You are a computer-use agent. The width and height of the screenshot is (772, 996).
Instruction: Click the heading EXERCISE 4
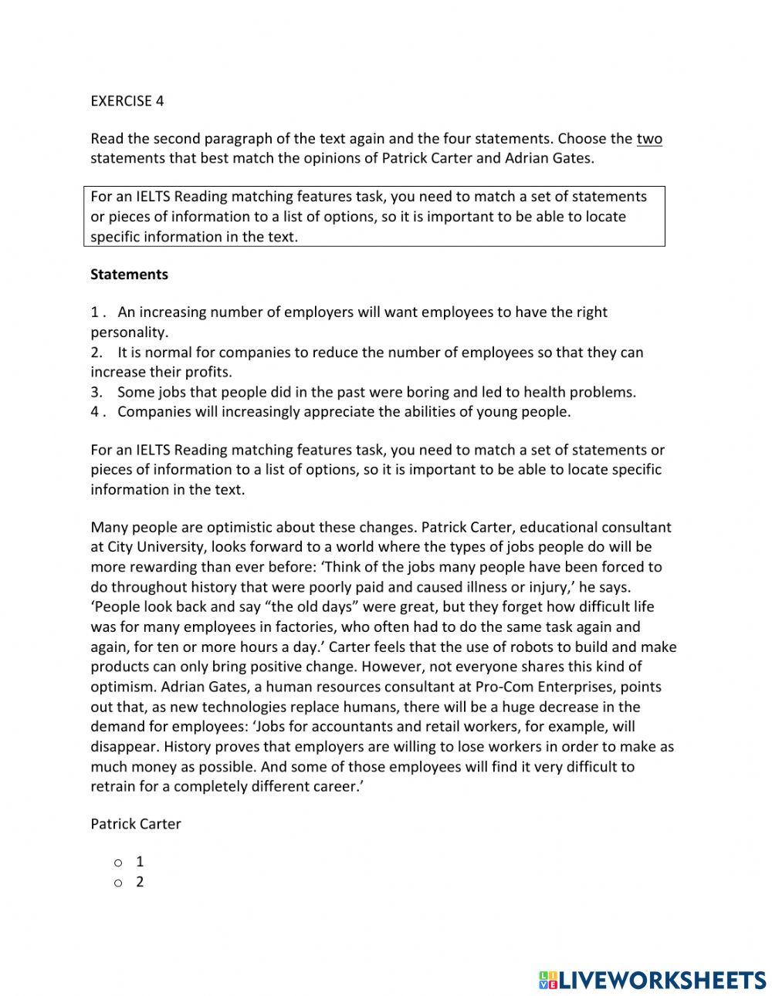(x=127, y=101)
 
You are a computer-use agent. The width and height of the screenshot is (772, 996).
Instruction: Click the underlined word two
(x=649, y=139)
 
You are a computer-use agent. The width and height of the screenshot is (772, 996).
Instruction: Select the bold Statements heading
(x=129, y=275)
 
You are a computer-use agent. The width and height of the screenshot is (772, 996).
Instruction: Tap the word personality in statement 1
(x=128, y=333)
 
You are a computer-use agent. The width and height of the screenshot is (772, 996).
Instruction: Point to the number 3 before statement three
(x=96, y=392)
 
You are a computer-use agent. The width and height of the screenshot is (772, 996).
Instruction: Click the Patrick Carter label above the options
(x=136, y=824)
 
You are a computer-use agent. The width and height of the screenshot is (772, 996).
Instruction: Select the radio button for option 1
(x=118, y=863)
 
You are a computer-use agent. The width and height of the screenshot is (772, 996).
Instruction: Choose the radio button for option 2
(x=118, y=883)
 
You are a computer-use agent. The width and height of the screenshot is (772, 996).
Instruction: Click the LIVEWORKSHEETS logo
(x=652, y=980)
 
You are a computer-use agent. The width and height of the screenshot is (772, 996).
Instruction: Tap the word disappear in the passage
(x=124, y=747)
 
